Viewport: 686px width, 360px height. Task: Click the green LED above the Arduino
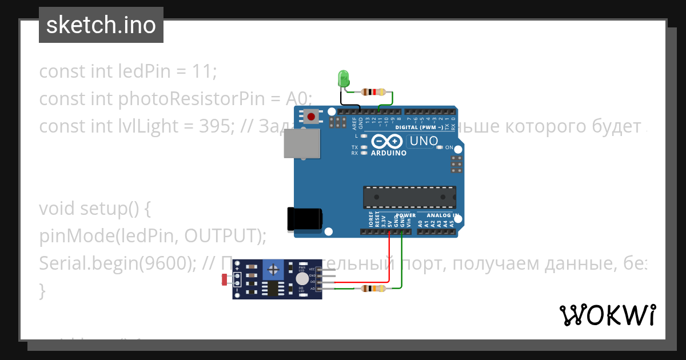(x=344, y=78)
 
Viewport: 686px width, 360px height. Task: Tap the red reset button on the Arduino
(x=311, y=117)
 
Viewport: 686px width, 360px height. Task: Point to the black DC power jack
(x=304, y=219)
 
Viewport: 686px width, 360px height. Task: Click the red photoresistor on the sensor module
(x=224, y=279)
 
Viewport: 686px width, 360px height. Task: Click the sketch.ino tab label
(x=101, y=25)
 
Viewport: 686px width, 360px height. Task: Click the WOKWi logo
(x=608, y=315)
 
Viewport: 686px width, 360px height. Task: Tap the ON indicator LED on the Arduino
(x=439, y=147)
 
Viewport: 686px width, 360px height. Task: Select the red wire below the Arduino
(x=389, y=257)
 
